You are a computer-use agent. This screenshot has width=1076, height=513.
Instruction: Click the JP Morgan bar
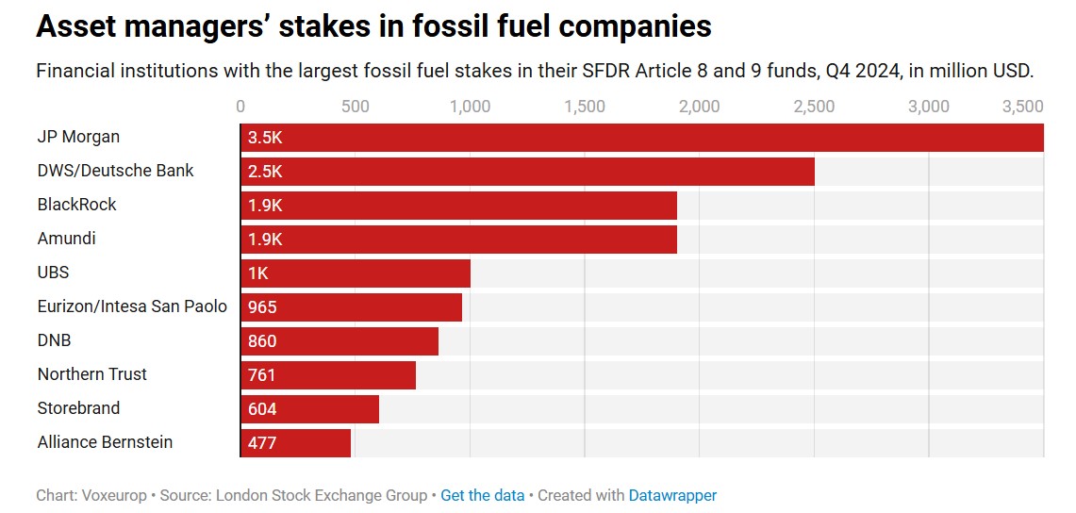pos(641,138)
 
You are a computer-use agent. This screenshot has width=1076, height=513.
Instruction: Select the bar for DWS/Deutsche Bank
pos(527,172)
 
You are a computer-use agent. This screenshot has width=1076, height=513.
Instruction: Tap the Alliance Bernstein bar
pos(295,442)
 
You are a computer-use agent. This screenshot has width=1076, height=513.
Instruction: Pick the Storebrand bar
pos(309,408)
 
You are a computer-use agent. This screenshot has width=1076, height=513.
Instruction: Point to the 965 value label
pos(262,307)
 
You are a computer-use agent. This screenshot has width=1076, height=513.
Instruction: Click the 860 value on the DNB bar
pos(262,341)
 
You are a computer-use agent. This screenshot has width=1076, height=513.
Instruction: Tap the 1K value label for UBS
pos(258,273)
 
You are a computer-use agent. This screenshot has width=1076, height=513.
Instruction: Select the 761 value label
pos(262,375)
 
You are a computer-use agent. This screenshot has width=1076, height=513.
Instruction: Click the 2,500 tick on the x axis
pos(814,107)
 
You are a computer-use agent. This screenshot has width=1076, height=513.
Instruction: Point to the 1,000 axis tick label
pos(470,107)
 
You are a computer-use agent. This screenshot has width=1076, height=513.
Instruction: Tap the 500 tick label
pos(356,107)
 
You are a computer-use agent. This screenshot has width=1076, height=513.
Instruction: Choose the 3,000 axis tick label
pos(928,107)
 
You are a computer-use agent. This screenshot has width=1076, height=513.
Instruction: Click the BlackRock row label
pos(77,205)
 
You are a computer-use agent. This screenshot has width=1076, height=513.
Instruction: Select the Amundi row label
pos(67,239)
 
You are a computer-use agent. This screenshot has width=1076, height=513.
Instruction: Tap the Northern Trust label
pos(92,374)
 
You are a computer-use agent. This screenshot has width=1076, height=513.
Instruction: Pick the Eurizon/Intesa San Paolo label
pos(132,306)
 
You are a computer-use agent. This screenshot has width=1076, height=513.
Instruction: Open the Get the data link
pos(482,495)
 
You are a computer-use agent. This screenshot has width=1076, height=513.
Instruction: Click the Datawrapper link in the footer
pos(672,495)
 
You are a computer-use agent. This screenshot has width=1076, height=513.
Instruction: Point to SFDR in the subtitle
pos(589,71)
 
